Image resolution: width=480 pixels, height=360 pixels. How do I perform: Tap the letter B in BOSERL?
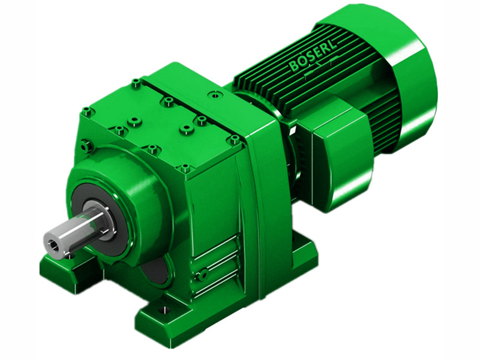click(x=293, y=67)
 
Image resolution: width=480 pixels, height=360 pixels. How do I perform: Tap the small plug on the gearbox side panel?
click(x=203, y=274)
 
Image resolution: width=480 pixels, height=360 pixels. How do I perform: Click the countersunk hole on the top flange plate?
click(x=211, y=94)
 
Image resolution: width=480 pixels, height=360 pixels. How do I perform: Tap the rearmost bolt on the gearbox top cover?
click(x=136, y=82)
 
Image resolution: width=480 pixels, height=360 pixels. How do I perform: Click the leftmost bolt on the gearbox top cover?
click(x=88, y=111)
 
